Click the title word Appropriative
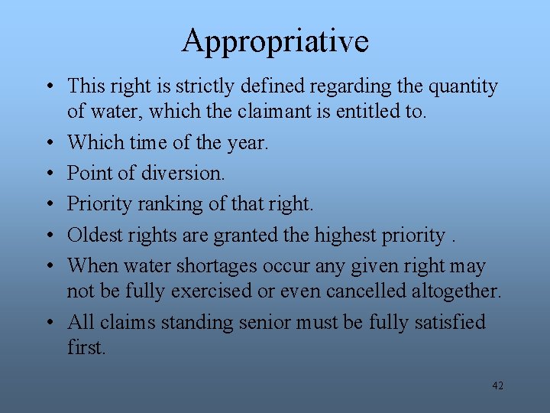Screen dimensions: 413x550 [x=275, y=41]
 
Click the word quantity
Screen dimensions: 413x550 [x=463, y=86]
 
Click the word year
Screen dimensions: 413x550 [x=247, y=141]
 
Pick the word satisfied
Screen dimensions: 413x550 [x=448, y=322]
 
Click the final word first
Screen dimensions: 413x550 [x=86, y=346]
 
